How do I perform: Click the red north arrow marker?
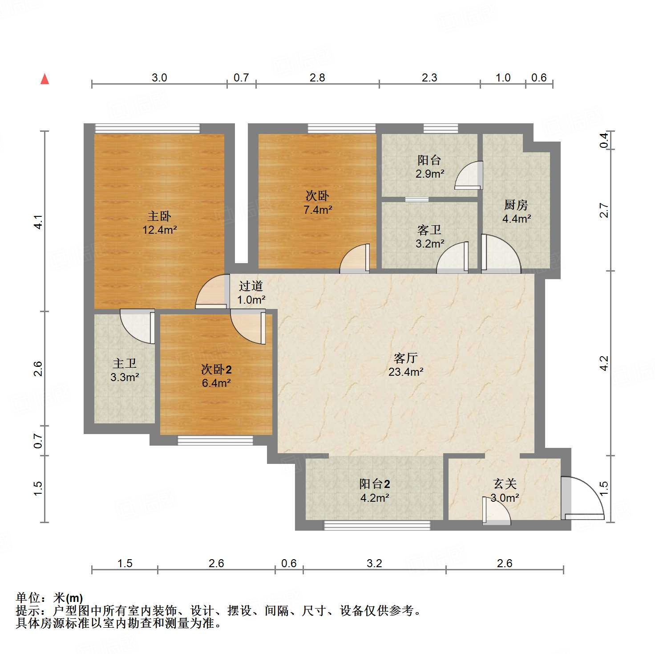(x=44, y=79)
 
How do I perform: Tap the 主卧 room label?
(x=159, y=216)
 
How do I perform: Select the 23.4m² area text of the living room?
(x=405, y=372)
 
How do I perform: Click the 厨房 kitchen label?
(x=516, y=205)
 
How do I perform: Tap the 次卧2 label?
(x=216, y=369)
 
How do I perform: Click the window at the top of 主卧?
(x=147, y=128)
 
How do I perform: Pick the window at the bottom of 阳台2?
(x=377, y=525)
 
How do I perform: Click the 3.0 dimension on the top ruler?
(x=159, y=77)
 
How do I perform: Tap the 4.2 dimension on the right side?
(x=603, y=363)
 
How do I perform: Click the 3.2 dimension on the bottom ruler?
(x=374, y=563)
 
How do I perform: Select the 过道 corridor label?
(x=251, y=286)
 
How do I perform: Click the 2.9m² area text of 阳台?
(x=429, y=174)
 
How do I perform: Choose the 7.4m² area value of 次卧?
(x=318, y=209)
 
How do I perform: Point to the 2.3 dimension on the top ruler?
(x=429, y=77)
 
